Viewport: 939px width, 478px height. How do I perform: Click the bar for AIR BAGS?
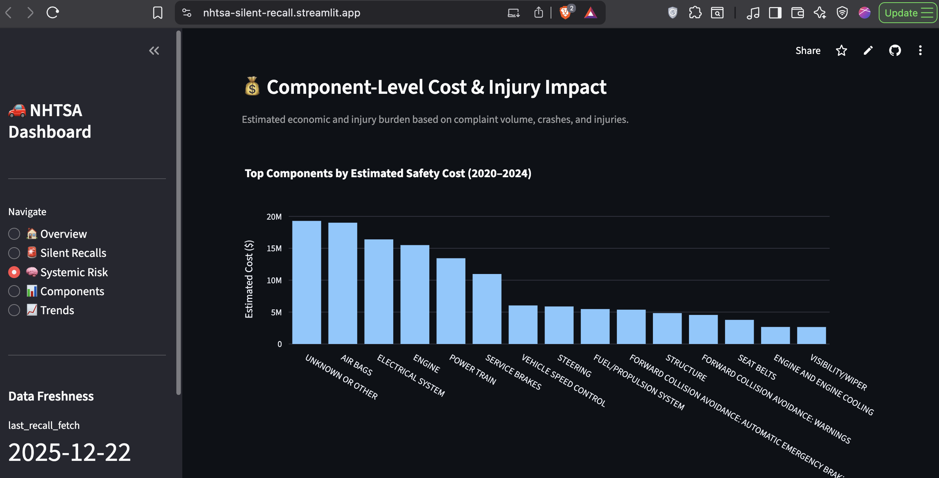(343, 283)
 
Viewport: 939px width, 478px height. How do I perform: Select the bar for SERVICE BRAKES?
(487, 309)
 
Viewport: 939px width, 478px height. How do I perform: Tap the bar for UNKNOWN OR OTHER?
(307, 282)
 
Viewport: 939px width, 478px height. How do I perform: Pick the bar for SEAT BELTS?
(739, 332)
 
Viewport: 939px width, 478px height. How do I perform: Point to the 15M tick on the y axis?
(274, 248)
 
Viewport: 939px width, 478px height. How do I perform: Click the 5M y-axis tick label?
(276, 312)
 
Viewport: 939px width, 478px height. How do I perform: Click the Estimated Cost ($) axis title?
(249, 279)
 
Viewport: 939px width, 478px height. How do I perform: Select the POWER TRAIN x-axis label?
(472, 369)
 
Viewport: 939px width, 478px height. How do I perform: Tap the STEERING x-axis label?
(574, 366)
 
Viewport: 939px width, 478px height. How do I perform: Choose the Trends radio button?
(14, 310)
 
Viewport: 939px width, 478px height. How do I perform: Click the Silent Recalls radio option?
(14, 253)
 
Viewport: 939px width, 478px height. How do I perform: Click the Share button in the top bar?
(808, 51)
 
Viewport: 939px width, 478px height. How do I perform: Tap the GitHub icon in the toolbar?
(895, 51)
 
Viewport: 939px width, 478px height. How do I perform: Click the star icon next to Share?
(842, 51)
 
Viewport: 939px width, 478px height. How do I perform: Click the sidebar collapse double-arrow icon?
(154, 51)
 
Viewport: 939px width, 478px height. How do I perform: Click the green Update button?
(907, 13)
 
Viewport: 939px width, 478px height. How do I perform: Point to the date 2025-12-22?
(70, 452)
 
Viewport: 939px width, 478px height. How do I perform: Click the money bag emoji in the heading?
(252, 87)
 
